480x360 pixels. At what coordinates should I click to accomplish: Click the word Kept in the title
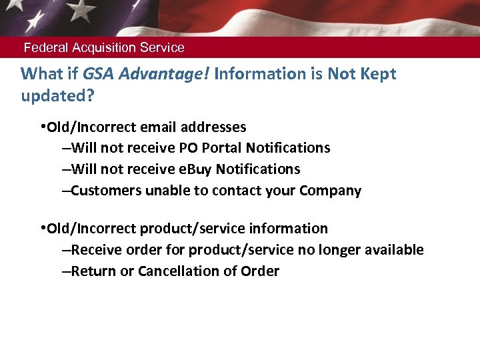377,74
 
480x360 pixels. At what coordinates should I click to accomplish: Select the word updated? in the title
58,96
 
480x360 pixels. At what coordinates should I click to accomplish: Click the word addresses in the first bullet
212,127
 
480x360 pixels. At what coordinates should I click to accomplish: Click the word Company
330,191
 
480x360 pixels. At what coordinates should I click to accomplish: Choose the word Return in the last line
93,271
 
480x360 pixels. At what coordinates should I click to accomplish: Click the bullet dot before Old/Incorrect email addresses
42,127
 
